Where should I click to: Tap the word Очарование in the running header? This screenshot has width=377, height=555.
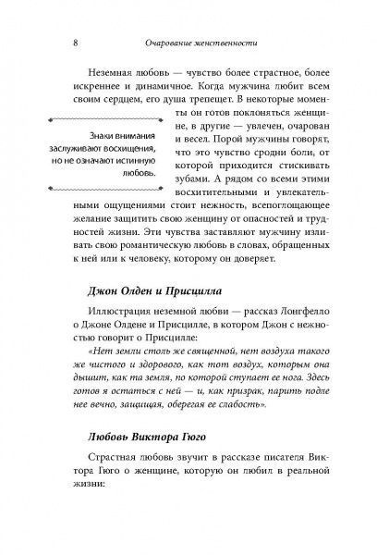(166, 42)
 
